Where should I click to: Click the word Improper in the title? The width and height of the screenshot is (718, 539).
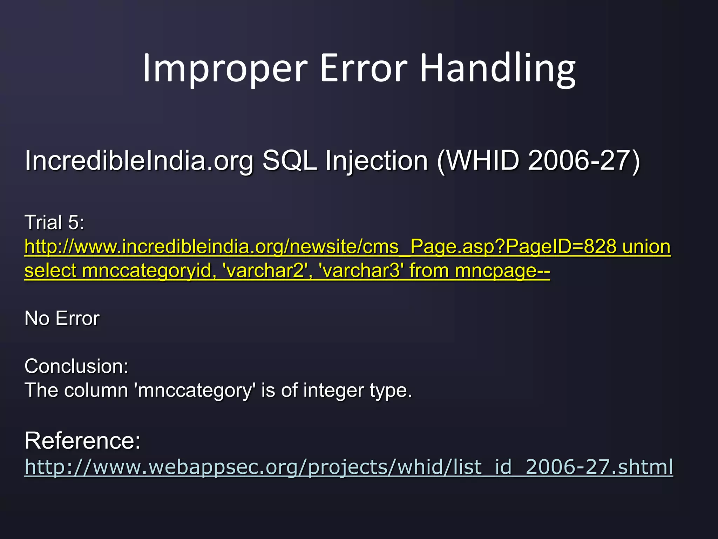pyautogui.click(x=225, y=68)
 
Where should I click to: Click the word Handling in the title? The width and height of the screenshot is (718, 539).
pyautogui.click(x=497, y=68)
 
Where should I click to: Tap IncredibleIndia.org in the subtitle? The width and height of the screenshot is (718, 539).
pyautogui.click(x=139, y=161)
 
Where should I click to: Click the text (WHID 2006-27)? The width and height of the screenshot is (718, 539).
pyautogui.click(x=538, y=161)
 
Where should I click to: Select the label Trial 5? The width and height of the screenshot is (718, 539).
pyautogui.click(x=54, y=222)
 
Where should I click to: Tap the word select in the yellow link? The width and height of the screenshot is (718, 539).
pyautogui.click(x=50, y=271)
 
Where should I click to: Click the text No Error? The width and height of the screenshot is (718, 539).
pyautogui.click(x=62, y=319)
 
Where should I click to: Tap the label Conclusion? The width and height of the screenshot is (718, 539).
pyautogui.click(x=76, y=366)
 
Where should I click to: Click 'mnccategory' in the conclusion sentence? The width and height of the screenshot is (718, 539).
pyautogui.click(x=195, y=391)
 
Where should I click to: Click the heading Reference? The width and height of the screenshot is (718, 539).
pyautogui.click(x=82, y=441)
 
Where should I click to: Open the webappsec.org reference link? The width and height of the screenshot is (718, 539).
pyautogui.click(x=348, y=467)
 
